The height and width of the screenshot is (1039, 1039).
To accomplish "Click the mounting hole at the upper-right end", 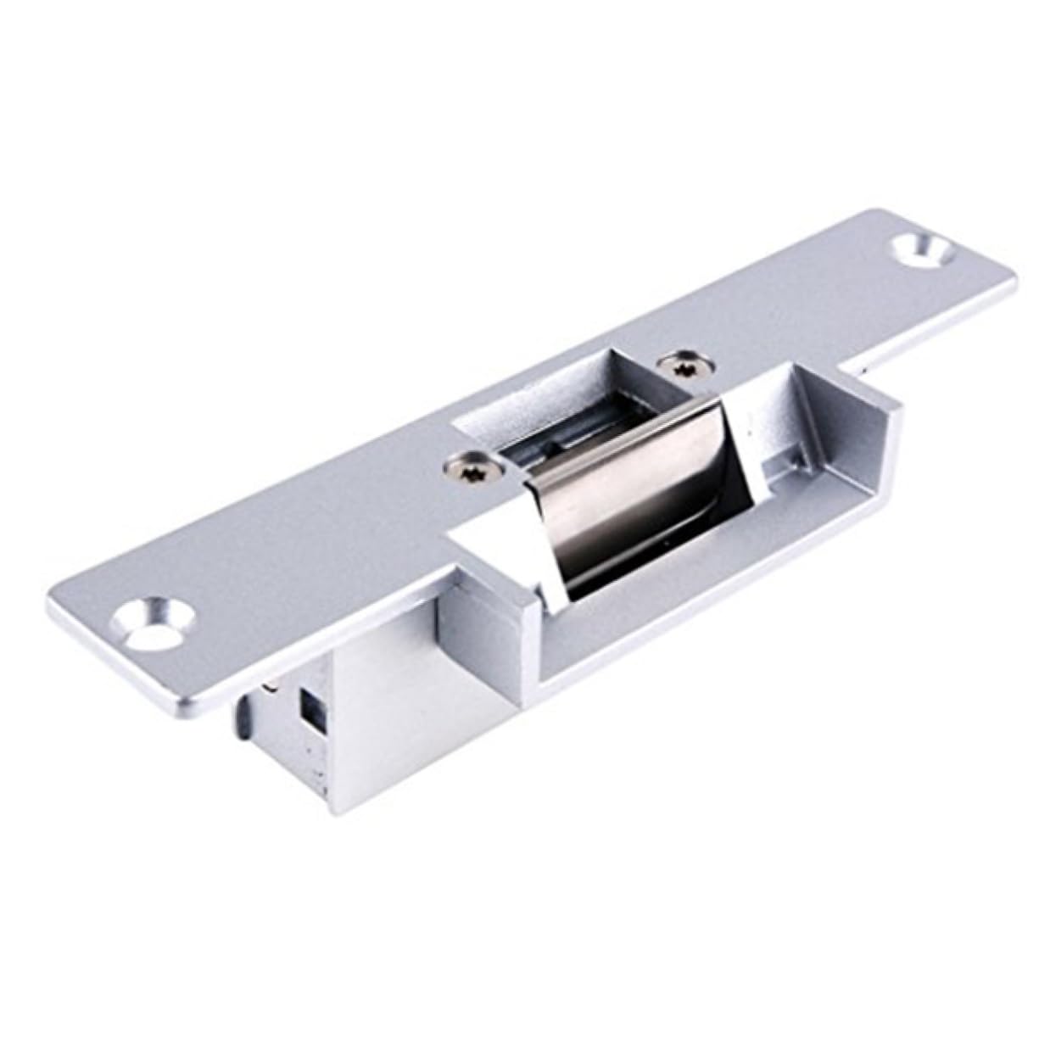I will [x=921, y=250].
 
